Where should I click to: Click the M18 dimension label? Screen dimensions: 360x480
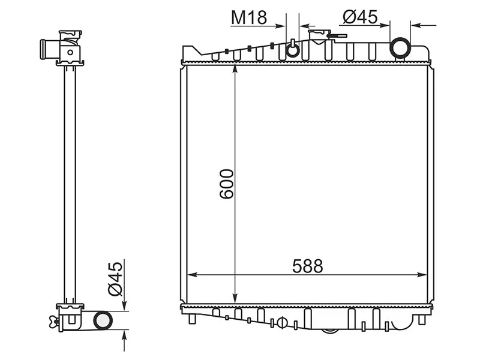click(x=249, y=18)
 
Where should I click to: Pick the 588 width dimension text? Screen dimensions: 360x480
click(x=308, y=266)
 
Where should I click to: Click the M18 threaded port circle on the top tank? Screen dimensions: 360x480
click(x=292, y=50)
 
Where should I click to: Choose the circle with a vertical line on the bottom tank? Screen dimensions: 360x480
click(x=280, y=322)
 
